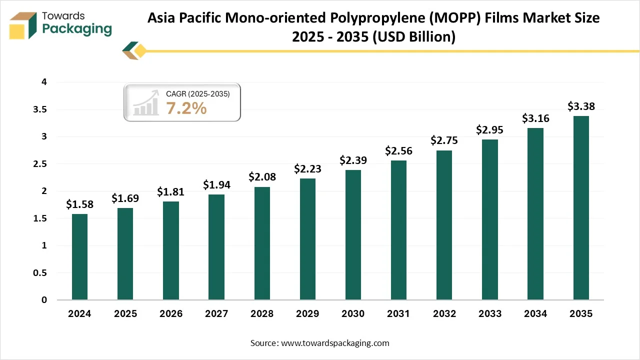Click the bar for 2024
click(79, 257)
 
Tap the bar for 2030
click(353, 235)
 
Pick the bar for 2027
click(216, 247)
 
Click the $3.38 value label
click(581, 106)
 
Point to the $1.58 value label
click(79, 204)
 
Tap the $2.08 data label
click(262, 177)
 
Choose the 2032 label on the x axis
click(444, 314)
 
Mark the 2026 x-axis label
click(171, 314)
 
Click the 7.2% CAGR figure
click(186, 107)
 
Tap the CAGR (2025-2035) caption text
click(197, 93)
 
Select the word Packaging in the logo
click(77, 29)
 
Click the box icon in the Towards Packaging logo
click(23, 25)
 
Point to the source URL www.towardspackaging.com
click(335, 343)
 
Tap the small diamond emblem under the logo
click(134, 50)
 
